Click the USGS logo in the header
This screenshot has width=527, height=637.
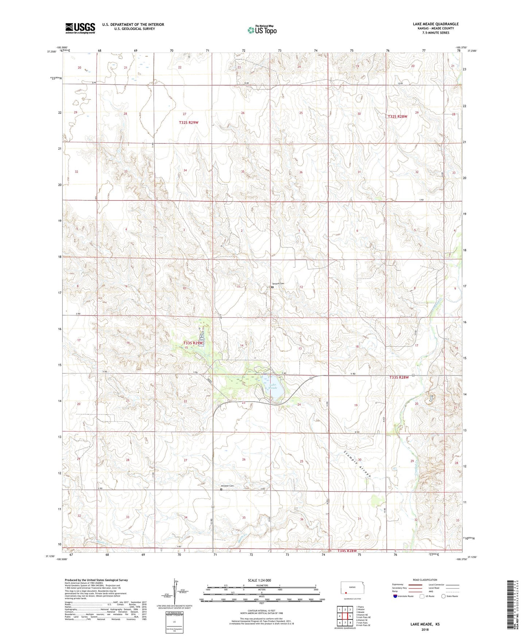pyautogui.click(x=80, y=28)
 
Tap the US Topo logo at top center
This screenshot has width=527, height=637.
pyautogui.click(x=262, y=30)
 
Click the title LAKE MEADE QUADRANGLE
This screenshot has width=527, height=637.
pyautogui.click(x=435, y=24)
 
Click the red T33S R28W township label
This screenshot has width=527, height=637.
pyautogui.click(x=399, y=378)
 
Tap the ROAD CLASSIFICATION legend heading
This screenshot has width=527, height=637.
pyautogui.click(x=425, y=580)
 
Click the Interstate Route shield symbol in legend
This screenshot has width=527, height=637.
pyautogui.click(x=396, y=596)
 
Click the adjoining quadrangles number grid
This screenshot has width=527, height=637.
pyautogui.click(x=344, y=616)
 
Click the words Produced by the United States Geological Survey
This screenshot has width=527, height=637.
pyautogui.click(x=96, y=580)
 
